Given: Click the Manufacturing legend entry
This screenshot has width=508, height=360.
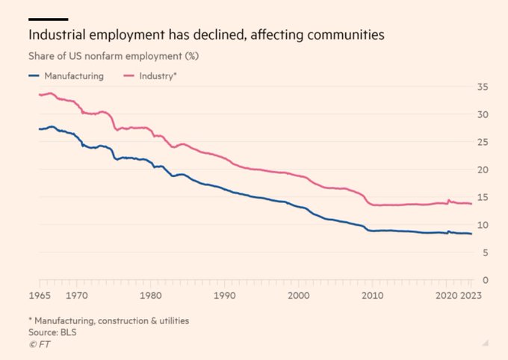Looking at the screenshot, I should [72, 76].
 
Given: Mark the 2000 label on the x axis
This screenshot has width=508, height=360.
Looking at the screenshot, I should [299, 295].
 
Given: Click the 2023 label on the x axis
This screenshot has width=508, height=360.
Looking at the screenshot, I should [471, 295].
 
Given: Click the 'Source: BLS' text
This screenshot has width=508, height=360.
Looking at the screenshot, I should [52, 332].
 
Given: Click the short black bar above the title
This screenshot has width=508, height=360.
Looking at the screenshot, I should [49, 19].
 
